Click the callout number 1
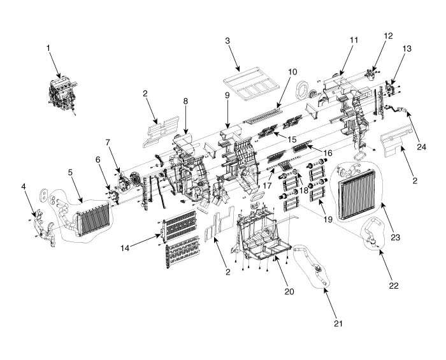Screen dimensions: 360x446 tap(48, 47)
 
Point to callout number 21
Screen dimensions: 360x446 tap(338, 323)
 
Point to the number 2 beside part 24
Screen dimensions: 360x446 tap(415, 181)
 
